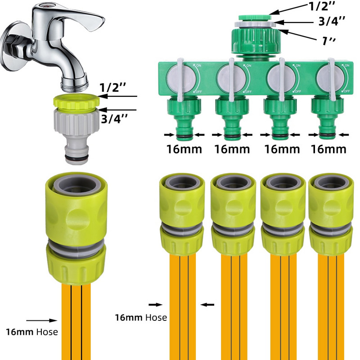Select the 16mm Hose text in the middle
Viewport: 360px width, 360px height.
point(141,317)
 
